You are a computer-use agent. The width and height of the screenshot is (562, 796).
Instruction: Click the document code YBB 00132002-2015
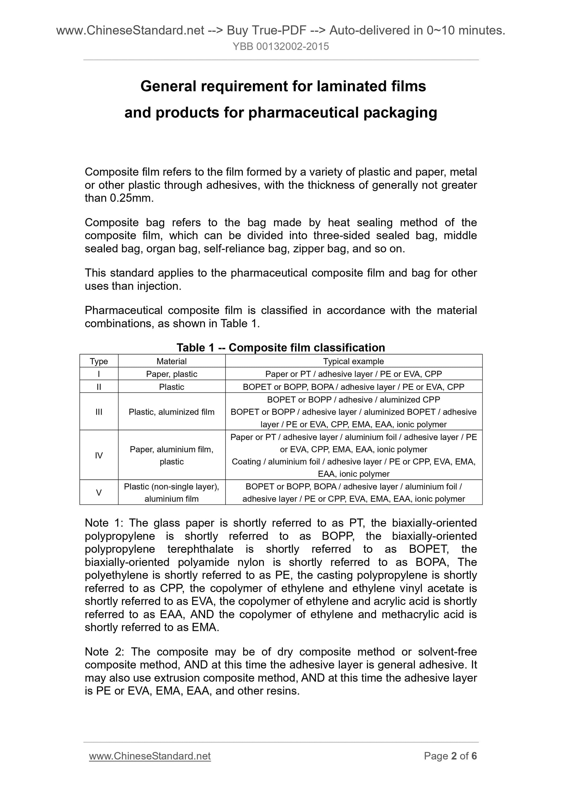[280, 47]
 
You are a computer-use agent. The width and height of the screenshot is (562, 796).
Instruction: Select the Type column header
[99, 361]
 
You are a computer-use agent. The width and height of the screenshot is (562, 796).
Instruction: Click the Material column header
[172, 361]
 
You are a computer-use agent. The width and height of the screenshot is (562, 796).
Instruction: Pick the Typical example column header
[353, 361]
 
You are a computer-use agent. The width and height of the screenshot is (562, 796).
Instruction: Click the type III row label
[99, 412]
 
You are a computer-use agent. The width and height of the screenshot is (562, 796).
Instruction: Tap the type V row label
[99, 493]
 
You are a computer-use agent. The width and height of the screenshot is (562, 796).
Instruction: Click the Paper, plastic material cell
[172, 374]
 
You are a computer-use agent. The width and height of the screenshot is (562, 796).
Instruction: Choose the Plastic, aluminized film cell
[172, 412]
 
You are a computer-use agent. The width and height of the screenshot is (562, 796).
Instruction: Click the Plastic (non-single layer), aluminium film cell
[172, 493]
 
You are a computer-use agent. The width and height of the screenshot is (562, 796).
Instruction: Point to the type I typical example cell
[353, 374]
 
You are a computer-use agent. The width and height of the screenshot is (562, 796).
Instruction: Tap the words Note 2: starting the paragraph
[104, 652]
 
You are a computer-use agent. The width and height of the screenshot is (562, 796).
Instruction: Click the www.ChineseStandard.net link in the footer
[150, 756]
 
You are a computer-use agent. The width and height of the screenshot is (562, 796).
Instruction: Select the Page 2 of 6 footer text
[450, 756]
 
